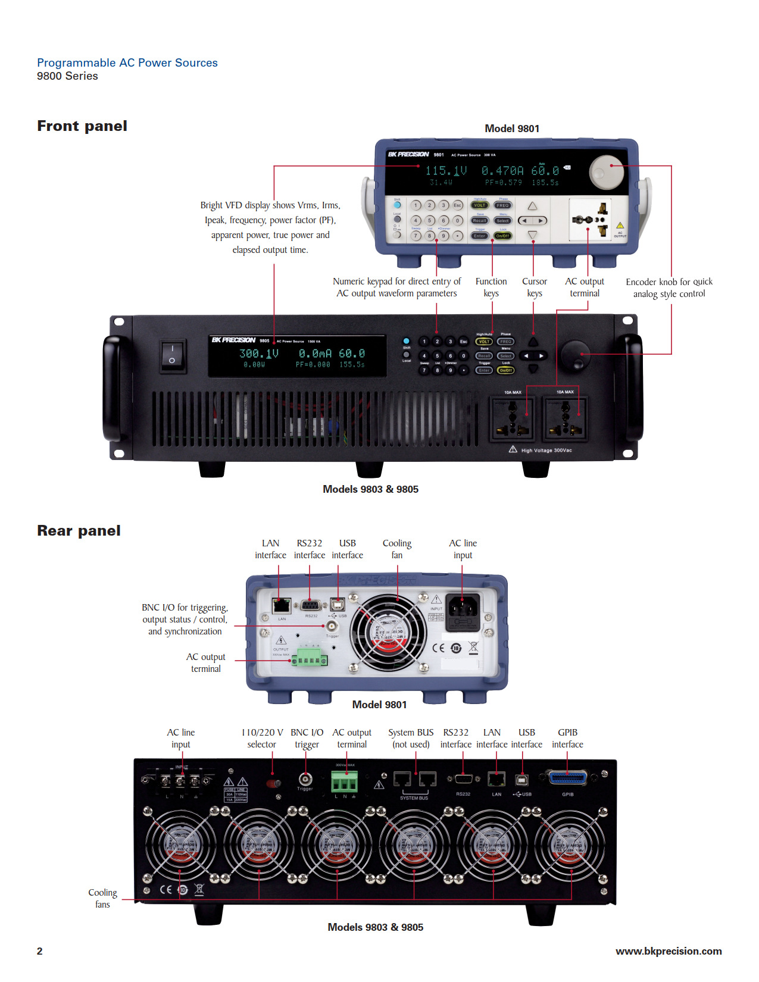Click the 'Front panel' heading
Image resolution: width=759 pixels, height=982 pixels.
(82, 126)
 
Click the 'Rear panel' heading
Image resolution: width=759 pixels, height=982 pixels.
(79, 531)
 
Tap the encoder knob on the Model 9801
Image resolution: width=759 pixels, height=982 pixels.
(607, 172)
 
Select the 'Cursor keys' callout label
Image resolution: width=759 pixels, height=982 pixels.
(534, 287)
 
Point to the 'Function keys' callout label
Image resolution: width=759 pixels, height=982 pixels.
(491, 287)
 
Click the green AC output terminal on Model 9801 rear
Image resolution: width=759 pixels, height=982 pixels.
(310, 659)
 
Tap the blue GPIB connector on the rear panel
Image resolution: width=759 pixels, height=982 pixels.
(567, 778)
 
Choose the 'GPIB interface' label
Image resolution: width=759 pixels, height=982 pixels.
(567, 739)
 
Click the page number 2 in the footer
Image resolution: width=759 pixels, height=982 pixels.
(40, 951)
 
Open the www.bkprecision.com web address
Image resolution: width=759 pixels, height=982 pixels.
(669, 951)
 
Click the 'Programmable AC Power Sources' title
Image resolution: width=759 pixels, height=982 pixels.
(127, 63)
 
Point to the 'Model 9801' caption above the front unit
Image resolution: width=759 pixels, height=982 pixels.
(512, 129)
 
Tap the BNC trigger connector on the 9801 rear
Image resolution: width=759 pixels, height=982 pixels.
(332, 626)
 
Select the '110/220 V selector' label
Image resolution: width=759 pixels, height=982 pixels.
(262, 739)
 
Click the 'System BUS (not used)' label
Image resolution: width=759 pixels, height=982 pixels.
(411, 739)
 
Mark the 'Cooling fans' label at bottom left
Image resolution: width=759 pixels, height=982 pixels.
(102, 899)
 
